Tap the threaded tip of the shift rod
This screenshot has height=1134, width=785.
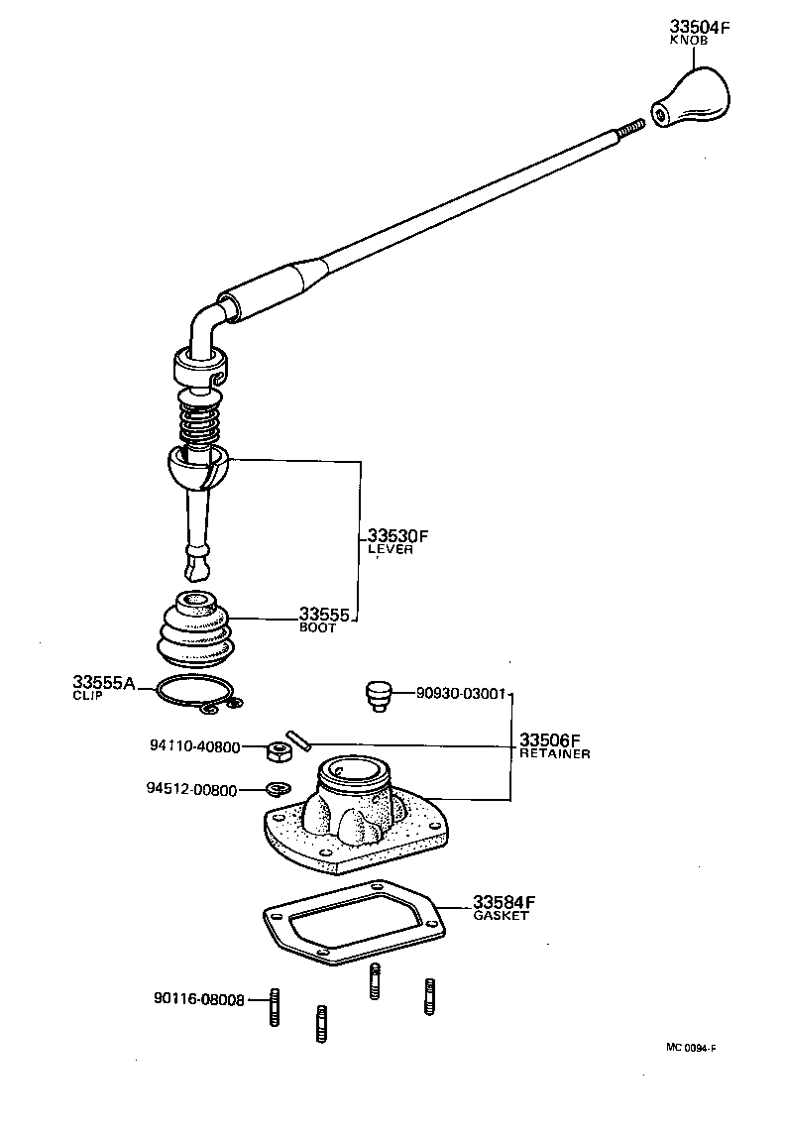(629, 127)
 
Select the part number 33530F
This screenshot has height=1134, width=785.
(397, 536)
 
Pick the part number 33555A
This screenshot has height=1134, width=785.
(103, 683)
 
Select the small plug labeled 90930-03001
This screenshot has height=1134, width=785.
(378, 694)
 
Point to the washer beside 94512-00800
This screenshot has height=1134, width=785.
(277, 790)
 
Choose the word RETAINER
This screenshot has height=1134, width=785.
(555, 753)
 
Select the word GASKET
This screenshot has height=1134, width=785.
(500, 916)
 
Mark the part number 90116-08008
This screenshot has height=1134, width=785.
(198, 999)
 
